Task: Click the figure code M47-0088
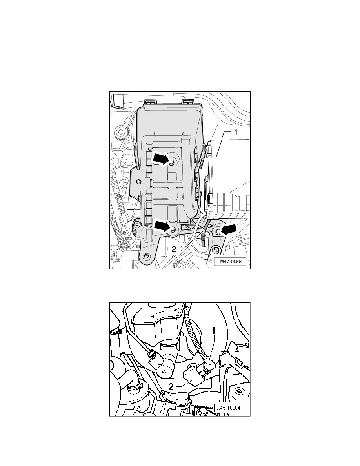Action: (x=231, y=262)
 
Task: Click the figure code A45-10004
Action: (x=228, y=408)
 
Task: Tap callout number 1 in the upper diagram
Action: (x=236, y=132)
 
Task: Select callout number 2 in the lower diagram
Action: (x=171, y=387)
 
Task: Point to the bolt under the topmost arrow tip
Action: (x=172, y=162)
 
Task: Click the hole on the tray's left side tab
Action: (x=138, y=181)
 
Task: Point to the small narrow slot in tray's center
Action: (x=179, y=193)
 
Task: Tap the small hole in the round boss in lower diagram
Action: (x=164, y=373)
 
